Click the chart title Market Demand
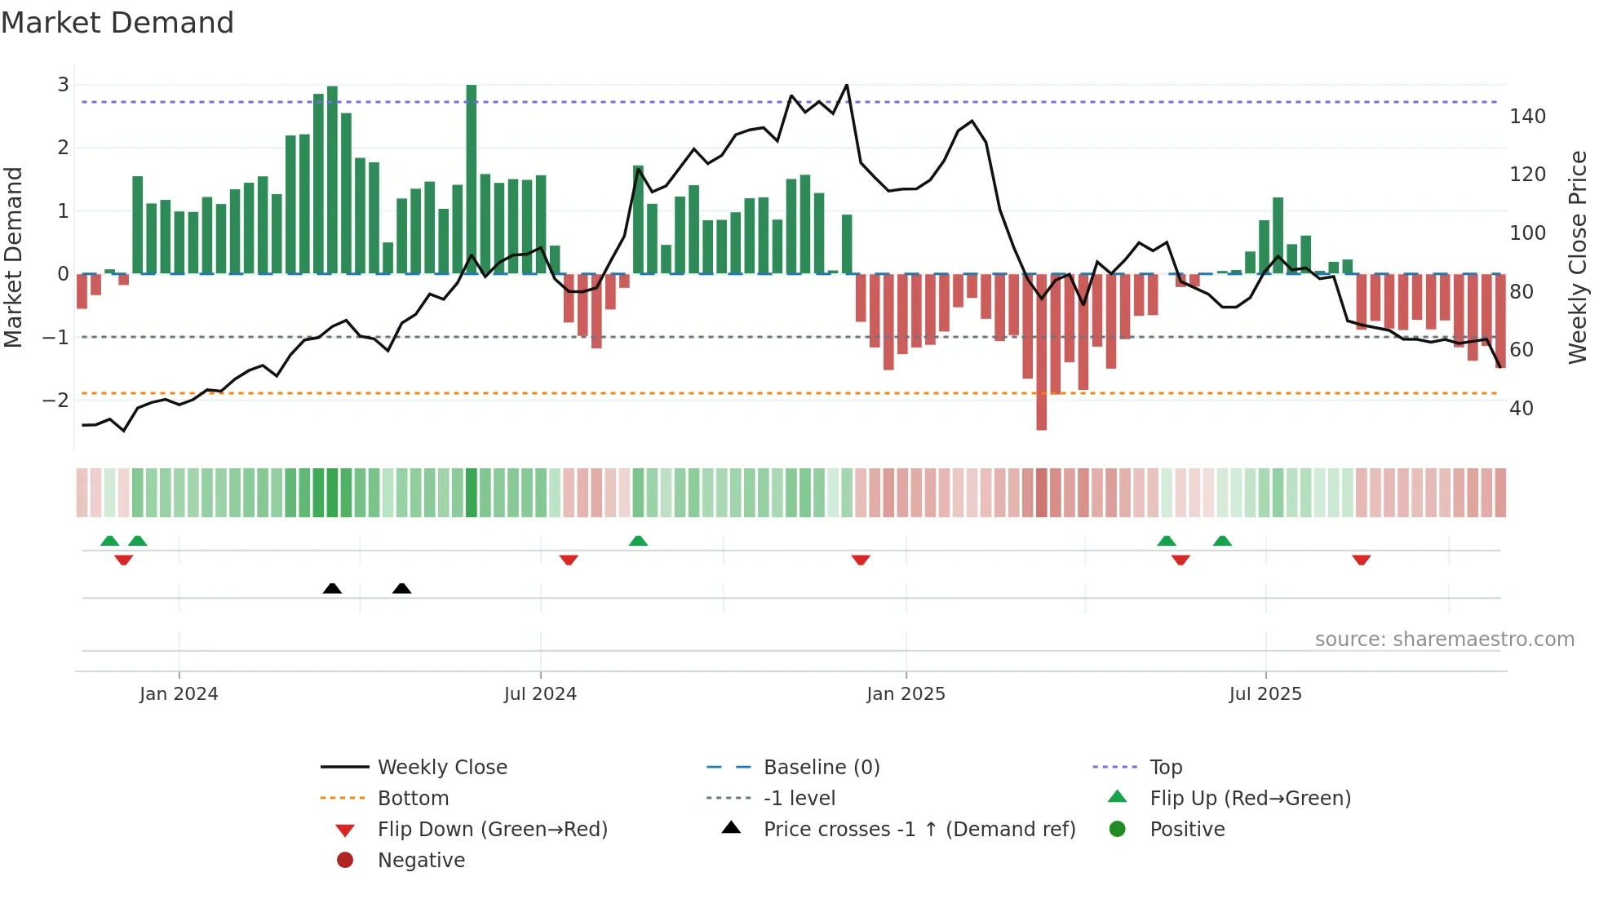point(117,23)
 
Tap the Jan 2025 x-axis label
point(906,694)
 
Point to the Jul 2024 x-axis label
point(540,694)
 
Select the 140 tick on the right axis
point(1527,117)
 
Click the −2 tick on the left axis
point(56,400)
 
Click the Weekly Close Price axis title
point(1578,257)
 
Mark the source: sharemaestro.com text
point(1444,640)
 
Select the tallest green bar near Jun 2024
point(472,179)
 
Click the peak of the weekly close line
point(847,85)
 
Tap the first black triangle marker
point(332,588)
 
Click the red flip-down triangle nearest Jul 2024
point(569,560)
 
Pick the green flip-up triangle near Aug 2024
point(638,541)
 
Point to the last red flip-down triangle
point(1361,560)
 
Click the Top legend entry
point(1165,768)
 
